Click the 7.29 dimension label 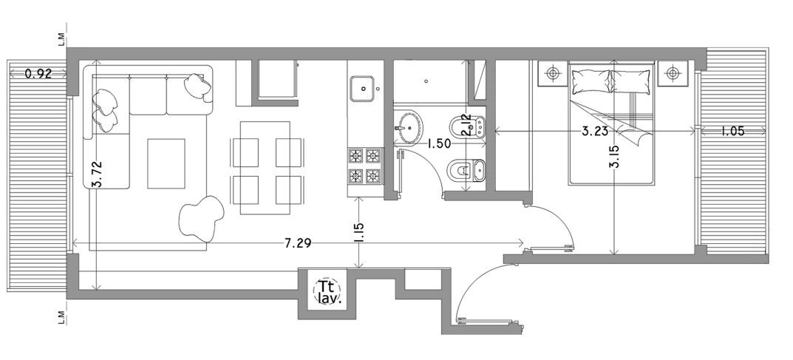[x=297, y=244]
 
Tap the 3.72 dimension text [x=97, y=174]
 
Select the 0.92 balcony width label [x=38, y=74]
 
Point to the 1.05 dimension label [x=733, y=132]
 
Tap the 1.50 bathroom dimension [x=439, y=144]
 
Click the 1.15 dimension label [x=360, y=233]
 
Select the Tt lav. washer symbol [x=327, y=292]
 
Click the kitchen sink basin [x=363, y=89]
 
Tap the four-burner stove [x=365, y=166]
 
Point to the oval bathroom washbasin [x=409, y=126]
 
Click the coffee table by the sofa [x=166, y=163]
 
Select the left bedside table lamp [x=552, y=73]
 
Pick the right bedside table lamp [x=672, y=73]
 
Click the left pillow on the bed [x=591, y=81]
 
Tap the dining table [x=265, y=168]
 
